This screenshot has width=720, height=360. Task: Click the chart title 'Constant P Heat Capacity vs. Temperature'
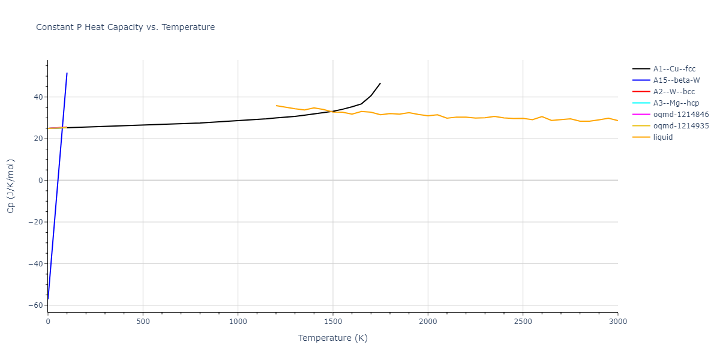pos(125,27)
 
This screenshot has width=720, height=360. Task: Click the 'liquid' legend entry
pos(663,137)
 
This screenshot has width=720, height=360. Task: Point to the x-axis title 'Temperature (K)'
pos(333,338)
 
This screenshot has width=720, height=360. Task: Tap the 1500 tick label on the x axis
pos(333,322)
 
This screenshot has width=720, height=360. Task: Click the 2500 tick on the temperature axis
pos(523,322)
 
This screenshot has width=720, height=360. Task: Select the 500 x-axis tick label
pos(143,322)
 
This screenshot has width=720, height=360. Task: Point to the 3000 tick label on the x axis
pos(617,322)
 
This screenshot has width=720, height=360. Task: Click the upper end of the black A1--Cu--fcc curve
pos(380,83)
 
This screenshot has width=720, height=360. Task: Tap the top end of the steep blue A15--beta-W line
pos(67,73)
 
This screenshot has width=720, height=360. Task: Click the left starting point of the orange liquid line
pos(276,106)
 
